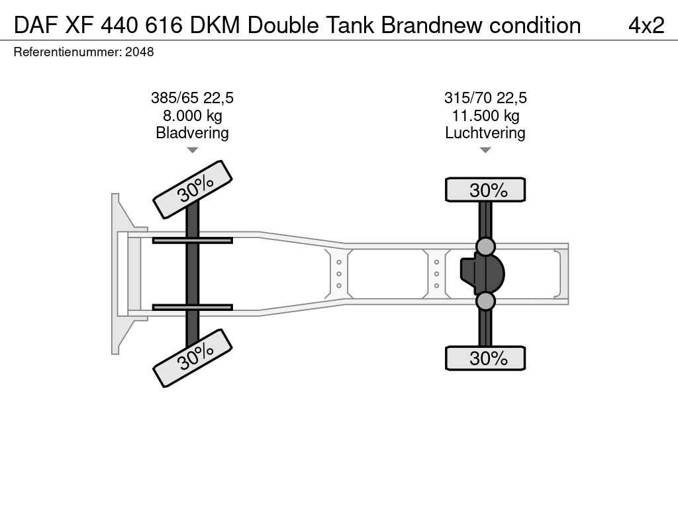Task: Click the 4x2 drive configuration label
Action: [x=646, y=25]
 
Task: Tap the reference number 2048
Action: [x=139, y=52]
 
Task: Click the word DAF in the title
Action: [x=36, y=25]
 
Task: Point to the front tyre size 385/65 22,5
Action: [x=192, y=98]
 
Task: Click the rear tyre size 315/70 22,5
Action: [x=485, y=98]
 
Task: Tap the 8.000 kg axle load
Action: [x=192, y=116]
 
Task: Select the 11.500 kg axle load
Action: [x=485, y=116]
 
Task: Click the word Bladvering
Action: [x=192, y=132]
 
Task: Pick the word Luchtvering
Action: [x=485, y=132]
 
